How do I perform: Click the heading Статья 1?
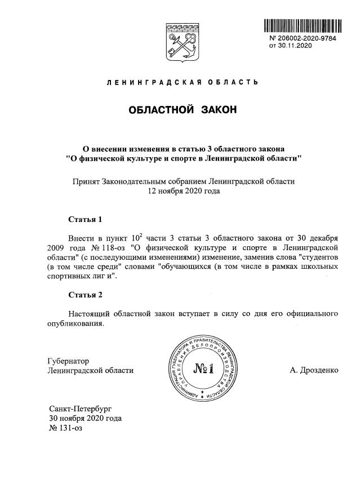point(85,219)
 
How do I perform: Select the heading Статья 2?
point(85,295)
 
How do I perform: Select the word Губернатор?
point(69,361)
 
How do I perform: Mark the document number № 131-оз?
point(66,428)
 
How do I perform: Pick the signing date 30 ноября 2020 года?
point(85,418)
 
